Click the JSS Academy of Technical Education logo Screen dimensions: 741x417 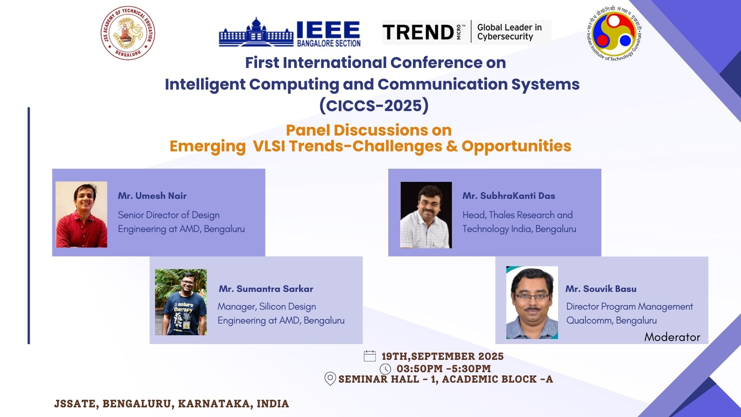click(x=128, y=33)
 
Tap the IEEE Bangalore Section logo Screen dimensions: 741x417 click(x=290, y=32)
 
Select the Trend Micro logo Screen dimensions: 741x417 click(x=466, y=32)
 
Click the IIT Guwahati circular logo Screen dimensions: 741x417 click(x=614, y=34)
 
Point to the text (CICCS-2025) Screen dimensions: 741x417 click(x=374, y=105)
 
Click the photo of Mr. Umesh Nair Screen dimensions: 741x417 click(x=81, y=215)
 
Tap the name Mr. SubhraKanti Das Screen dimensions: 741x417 click(x=509, y=196)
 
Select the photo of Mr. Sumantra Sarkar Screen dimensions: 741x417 click(x=181, y=302)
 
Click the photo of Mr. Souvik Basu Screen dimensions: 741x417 click(x=532, y=303)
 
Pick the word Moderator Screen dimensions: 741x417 click(x=672, y=337)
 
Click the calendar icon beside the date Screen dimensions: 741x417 click(x=370, y=356)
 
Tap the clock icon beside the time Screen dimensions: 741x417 click(x=386, y=369)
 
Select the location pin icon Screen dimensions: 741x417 click(x=330, y=379)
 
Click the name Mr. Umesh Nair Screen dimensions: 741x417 click(x=152, y=196)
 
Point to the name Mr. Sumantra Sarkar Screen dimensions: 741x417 click(x=266, y=289)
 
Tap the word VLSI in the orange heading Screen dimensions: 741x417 click(x=269, y=146)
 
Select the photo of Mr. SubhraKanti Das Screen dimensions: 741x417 click(x=426, y=215)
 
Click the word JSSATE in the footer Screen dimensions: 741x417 click(x=75, y=404)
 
